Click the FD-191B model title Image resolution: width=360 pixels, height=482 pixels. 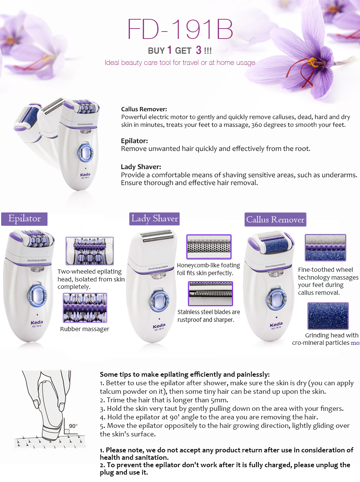point(180,29)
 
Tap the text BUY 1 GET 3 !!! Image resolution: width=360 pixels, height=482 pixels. point(180,50)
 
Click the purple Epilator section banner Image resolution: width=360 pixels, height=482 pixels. point(24,219)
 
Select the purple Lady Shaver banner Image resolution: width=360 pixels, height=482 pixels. point(155,219)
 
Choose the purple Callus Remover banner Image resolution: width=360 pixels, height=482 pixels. point(275,219)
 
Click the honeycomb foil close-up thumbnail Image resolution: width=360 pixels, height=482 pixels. point(209,247)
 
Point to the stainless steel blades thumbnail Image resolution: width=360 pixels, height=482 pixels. point(210,294)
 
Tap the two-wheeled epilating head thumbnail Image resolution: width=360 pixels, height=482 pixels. point(90,251)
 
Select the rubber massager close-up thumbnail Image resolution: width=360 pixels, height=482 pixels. point(85,308)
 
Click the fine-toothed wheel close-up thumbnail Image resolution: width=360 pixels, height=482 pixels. point(325,247)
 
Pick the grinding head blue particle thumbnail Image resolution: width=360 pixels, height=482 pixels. point(328,316)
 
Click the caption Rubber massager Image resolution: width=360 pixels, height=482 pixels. point(85,329)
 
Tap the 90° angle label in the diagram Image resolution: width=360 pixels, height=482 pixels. point(73,426)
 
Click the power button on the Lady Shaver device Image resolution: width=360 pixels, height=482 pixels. point(159,301)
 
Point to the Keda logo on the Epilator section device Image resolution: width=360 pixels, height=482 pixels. point(37,323)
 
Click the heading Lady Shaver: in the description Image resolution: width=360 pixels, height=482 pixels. point(141,167)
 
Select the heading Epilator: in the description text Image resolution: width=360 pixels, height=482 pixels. point(134,141)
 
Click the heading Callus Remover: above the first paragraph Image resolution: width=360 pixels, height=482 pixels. point(144,109)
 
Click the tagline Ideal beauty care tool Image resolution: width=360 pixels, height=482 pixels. point(180,63)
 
